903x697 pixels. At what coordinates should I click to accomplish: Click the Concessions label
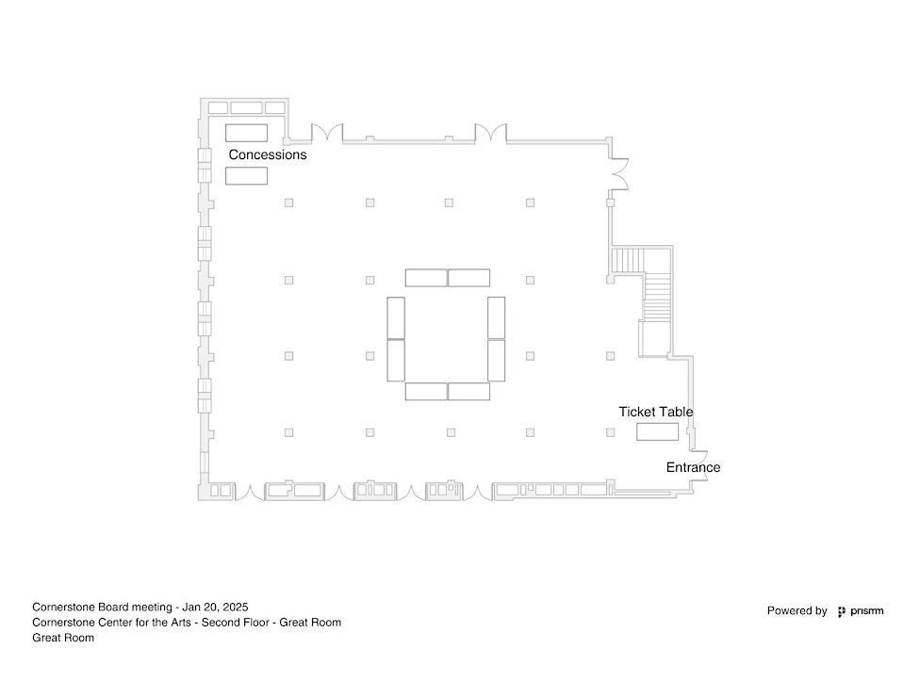[267, 154]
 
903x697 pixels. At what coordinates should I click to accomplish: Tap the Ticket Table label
[656, 413]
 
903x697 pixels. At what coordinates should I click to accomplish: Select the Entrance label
[693, 467]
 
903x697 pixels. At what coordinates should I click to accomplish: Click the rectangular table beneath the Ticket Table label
[657, 431]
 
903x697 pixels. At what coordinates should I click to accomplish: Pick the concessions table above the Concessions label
[246, 133]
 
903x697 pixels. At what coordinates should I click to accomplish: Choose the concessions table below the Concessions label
[246, 175]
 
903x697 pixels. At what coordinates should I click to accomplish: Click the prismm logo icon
[842, 612]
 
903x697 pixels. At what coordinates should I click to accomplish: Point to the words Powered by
[796, 611]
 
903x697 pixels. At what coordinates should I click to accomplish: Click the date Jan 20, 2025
[216, 608]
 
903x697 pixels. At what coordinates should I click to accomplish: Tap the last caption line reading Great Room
[63, 638]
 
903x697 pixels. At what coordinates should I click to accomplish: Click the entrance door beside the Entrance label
[700, 456]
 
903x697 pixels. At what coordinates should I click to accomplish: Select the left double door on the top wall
[327, 133]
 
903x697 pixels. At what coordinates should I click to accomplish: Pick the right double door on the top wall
[491, 133]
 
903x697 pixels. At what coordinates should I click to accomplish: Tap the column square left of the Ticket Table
[611, 432]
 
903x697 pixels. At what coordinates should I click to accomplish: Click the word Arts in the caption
[185, 623]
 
